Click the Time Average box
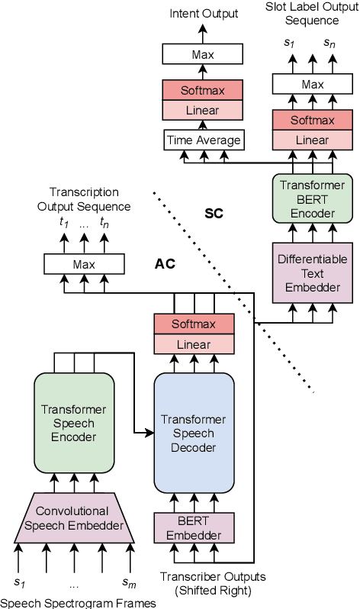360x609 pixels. (x=203, y=140)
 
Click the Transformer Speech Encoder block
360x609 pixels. (x=74, y=421)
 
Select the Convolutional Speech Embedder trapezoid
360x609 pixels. (x=73, y=517)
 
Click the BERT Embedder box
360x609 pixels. (x=193, y=527)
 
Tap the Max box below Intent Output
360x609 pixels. (x=203, y=53)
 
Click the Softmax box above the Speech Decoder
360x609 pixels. (x=193, y=324)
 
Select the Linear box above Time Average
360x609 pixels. (x=203, y=110)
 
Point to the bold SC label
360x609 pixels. (x=214, y=213)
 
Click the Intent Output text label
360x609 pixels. (x=204, y=13)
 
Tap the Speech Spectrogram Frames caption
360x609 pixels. (x=77, y=603)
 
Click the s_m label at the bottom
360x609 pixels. (x=129, y=584)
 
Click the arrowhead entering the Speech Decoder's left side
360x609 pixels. (x=149, y=433)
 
